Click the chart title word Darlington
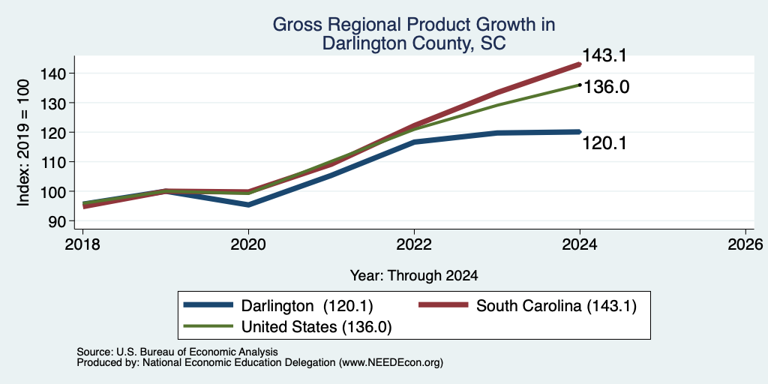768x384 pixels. tap(365, 43)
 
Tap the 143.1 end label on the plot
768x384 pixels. tap(604, 55)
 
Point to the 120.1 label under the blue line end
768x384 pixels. tap(604, 143)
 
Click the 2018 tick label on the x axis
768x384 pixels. tap(82, 244)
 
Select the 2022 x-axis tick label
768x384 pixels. tap(414, 244)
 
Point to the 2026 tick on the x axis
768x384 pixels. tap(745, 244)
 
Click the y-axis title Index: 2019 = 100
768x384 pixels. tap(23, 142)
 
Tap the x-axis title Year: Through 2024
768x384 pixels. tap(414, 276)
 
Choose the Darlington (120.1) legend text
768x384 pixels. tap(307, 306)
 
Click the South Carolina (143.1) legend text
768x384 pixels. tap(556, 306)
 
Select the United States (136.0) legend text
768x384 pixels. tap(316, 327)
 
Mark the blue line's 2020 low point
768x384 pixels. tap(248, 205)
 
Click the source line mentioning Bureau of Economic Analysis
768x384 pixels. tap(177, 352)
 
